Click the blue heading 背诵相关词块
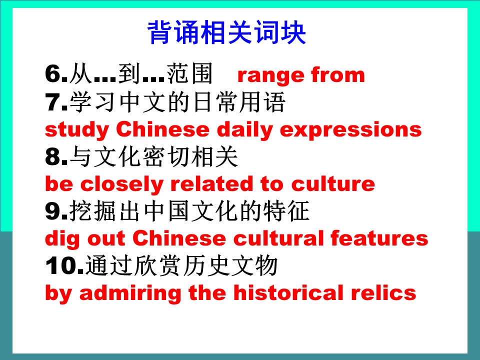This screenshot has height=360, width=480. click(226, 32)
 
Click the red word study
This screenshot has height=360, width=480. click(77, 130)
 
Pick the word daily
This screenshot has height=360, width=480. click(244, 130)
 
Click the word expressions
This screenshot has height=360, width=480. click(351, 130)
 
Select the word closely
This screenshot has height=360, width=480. click(121, 184)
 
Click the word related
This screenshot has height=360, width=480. click(211, 183)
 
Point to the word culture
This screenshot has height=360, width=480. click(333, 183)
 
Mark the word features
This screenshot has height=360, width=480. click(379, 238)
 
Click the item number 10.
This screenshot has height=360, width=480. click(64, 265)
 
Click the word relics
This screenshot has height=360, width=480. click(383, 292)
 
